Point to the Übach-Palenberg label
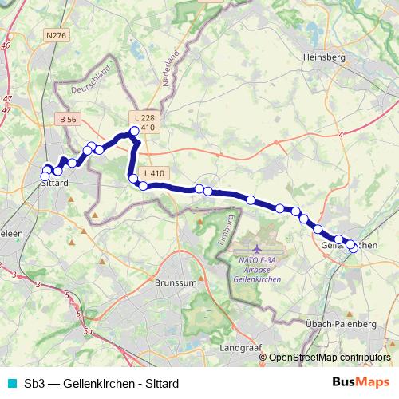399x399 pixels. coord(341,324)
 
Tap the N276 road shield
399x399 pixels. coord(57,35)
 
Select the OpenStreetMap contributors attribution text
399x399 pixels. coord(330,358)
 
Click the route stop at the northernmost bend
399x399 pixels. coord(134,132)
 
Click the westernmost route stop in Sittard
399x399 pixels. coord(45,176)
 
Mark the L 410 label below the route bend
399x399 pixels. coord(155,173)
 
